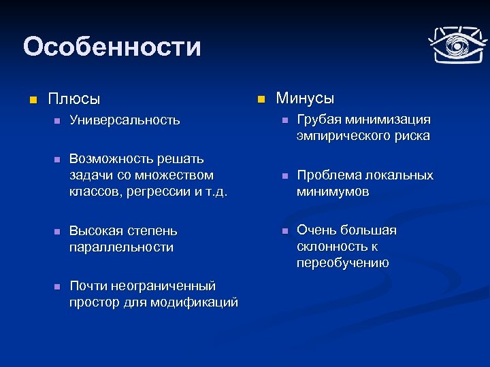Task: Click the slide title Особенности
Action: click(112, 48)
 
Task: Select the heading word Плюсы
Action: click(74, 99)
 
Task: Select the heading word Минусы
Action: click(305, 99)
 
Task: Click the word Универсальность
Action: click(125, 120)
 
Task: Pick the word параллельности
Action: click(121, 247)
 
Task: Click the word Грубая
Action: click(318, 120)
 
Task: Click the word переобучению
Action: click(342, 264)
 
